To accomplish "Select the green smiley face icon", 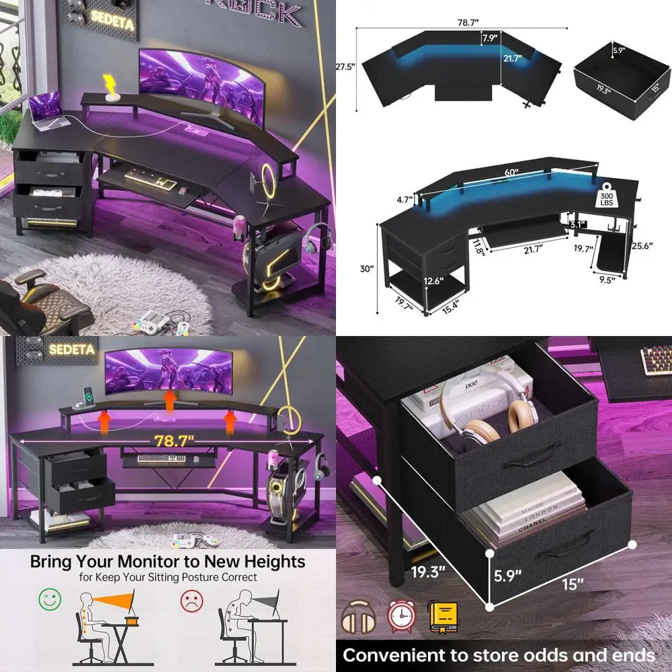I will pos(50,598).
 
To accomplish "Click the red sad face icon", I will pos(190,598).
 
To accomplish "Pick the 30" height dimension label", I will pos(366,269).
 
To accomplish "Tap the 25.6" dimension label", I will pos(642,247).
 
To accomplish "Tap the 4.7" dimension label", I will pos(403,200).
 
